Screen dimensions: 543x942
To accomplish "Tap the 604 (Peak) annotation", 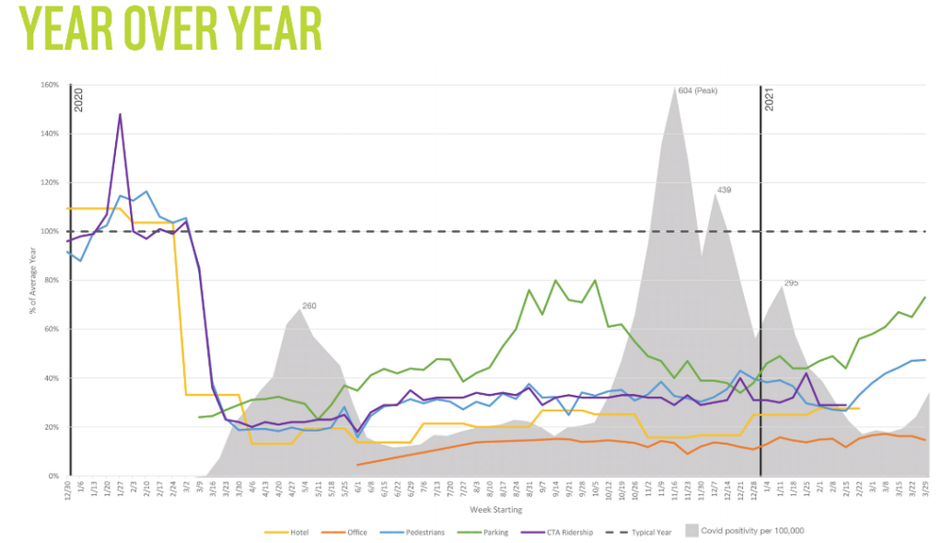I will [x=697, y=90].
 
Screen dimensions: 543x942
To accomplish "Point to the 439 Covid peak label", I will [x=725, y=191].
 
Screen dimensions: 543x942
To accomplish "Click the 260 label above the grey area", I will [x=309, y=306].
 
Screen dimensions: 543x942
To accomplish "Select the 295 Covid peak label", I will [x=791, y=283].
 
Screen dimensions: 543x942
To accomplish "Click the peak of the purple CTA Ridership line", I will [x=120, y=115].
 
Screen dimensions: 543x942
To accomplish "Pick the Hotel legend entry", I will [x=286, y=531].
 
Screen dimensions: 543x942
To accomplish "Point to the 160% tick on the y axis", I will [x=49, y=85].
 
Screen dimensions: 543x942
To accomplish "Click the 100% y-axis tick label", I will [x=49, y=231].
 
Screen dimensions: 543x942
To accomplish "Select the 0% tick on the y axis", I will [x=53, y=476].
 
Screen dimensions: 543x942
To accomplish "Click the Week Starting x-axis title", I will [x=497, y=509].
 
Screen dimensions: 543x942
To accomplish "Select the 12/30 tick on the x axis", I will [x=66, y=490].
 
